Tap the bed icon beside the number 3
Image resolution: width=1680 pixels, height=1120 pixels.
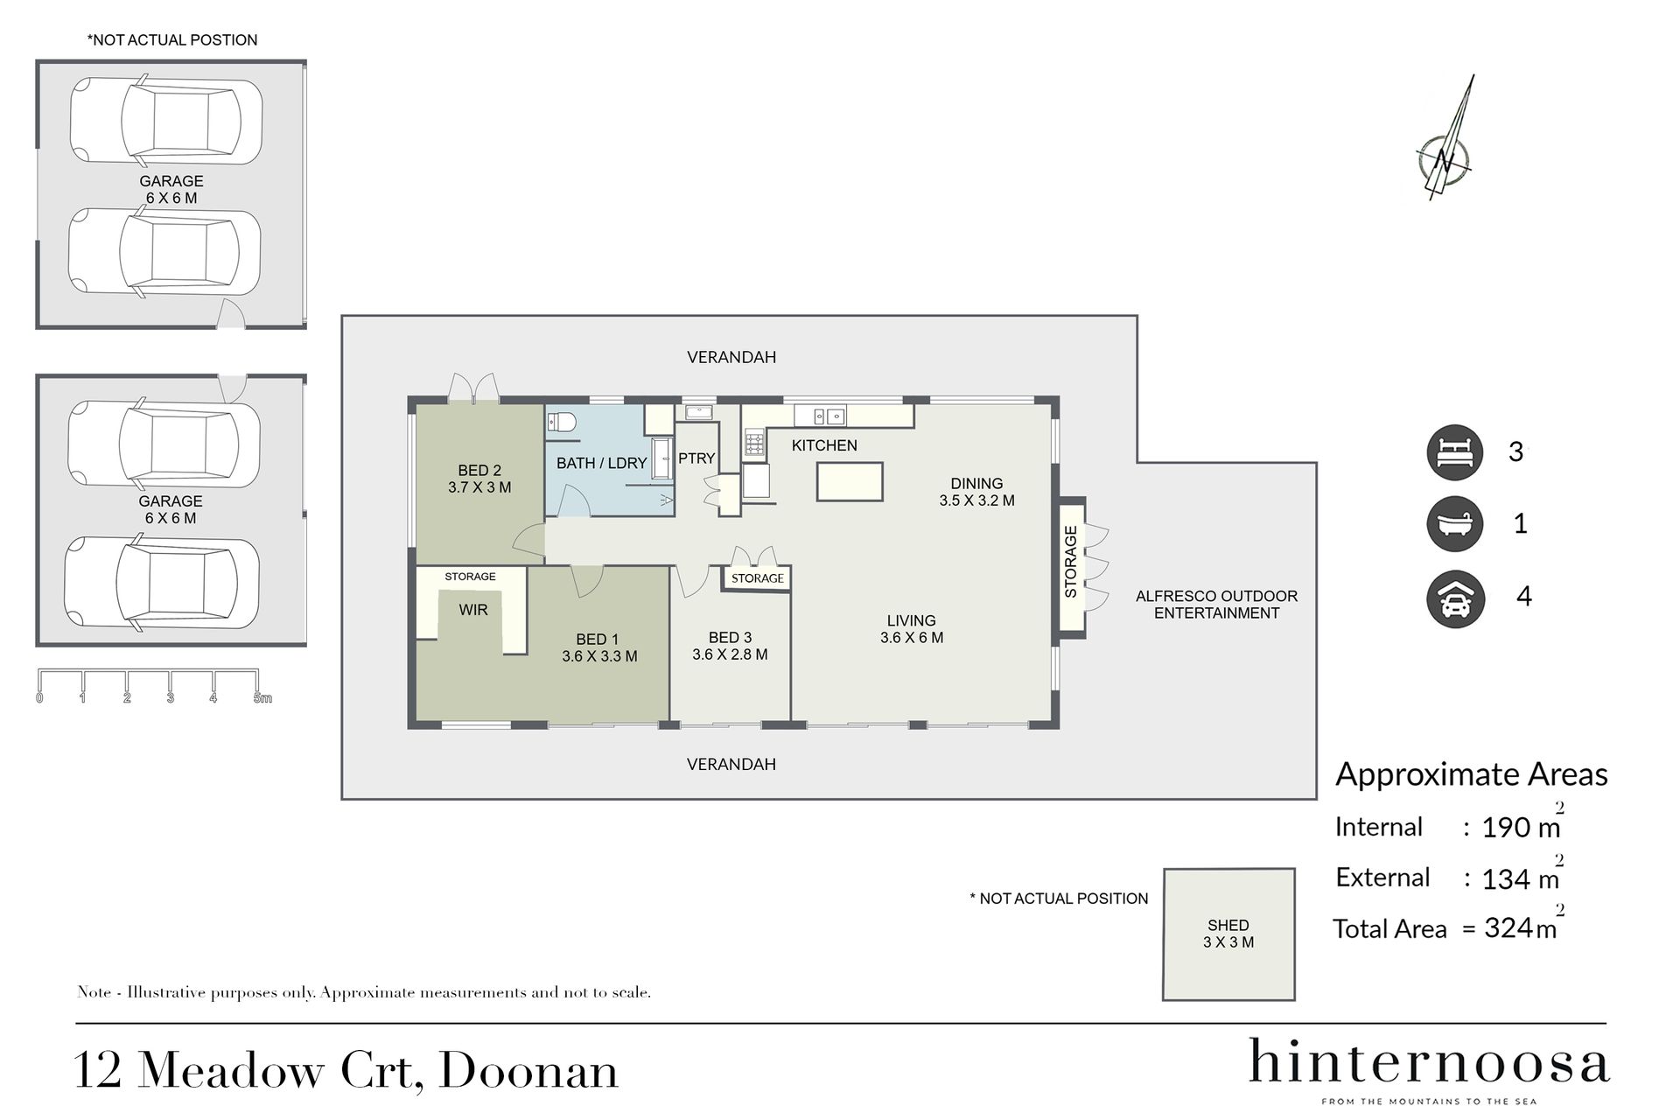point(1455,452)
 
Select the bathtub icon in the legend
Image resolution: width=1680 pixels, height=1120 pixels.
point(1455,524)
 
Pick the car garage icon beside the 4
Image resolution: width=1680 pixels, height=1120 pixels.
point(1455,598)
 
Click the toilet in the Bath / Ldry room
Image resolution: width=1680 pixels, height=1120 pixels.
point(562,423)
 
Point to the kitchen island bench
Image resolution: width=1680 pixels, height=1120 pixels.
point(850,481)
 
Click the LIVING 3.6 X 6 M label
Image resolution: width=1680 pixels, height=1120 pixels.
point(912,629)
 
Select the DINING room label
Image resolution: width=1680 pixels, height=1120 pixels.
point(976,483)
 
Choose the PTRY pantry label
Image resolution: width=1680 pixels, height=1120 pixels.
point(696,458)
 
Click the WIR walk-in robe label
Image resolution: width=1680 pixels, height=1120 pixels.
point(473,610)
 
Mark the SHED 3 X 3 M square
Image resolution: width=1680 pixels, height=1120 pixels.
point(1228,934)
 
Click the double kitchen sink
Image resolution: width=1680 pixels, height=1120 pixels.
point(827,415)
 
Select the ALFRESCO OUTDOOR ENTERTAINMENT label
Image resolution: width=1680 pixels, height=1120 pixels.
point(1216,605)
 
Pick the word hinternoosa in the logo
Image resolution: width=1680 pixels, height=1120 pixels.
point(1428,1062)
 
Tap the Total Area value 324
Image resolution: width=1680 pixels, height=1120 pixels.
point(1508,927)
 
